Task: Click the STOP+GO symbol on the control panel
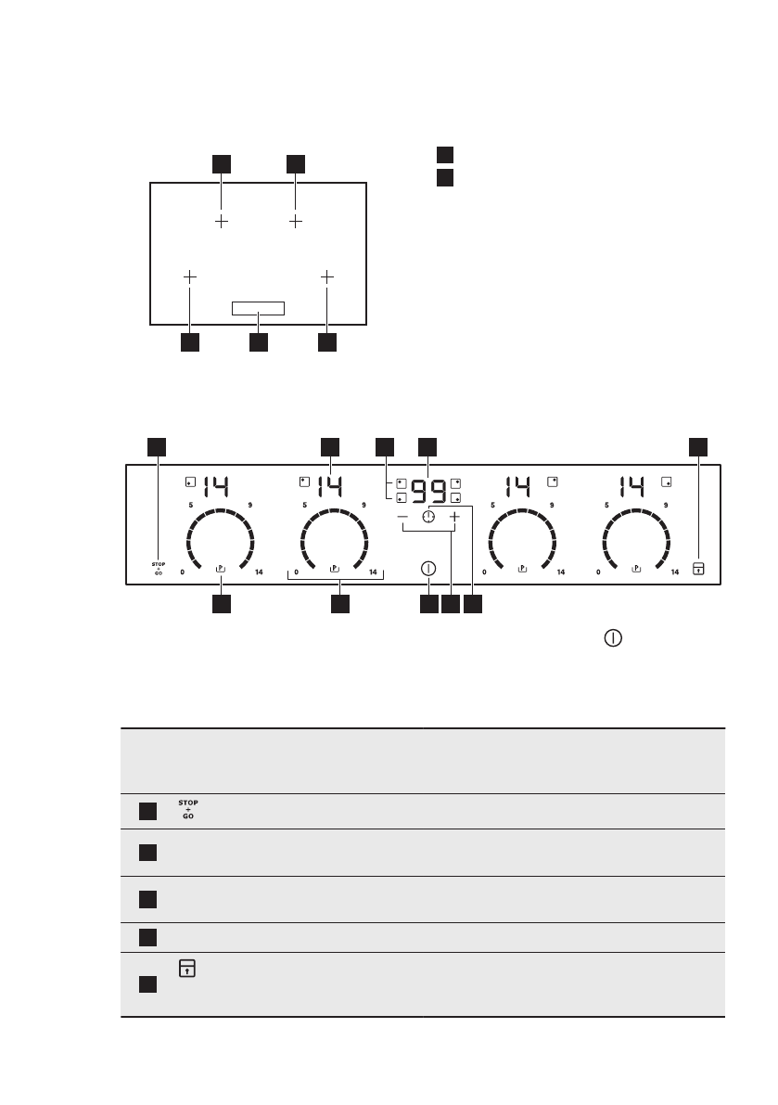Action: point(158,568)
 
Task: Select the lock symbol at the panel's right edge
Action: point(697,568)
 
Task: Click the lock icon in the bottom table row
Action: point(186,968)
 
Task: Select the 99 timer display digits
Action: point(428,488)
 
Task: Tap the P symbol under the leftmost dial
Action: point(221,568)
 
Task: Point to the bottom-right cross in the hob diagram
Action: point(326,276)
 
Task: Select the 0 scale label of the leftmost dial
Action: point(183,572)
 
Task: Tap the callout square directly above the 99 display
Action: point(427,446)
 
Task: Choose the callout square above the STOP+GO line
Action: point(158,446)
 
